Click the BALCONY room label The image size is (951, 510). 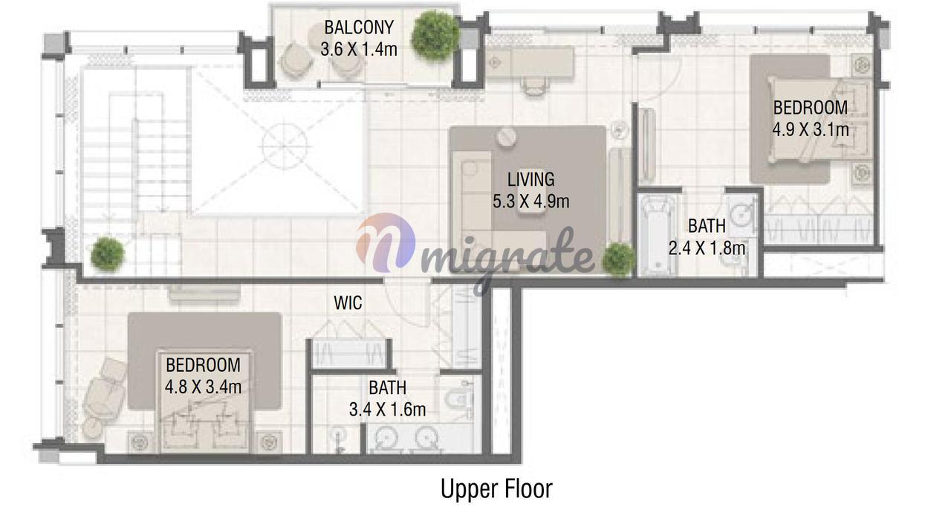tap(359, 28)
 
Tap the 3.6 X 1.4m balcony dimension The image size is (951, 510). tap(359, 49)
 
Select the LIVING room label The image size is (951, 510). tap(530, 179)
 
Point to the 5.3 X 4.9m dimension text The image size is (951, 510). tap(530, 201)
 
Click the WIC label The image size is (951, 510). tap(348, 303)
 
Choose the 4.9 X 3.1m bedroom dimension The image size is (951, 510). tap(811, 129)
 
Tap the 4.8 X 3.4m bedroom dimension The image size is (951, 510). tap(203, 387)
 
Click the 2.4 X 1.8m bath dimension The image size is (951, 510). tap(707, 248)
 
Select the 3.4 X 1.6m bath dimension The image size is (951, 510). tap(387, 410)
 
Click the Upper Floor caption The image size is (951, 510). tap(496, 488)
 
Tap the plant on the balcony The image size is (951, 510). tap(435, 36)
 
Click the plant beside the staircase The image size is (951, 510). tap(108, 254)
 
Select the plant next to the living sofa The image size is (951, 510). tap(619, 259)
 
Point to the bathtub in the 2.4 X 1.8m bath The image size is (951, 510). tap(658, 235)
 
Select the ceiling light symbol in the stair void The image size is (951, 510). tap(284, 146)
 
